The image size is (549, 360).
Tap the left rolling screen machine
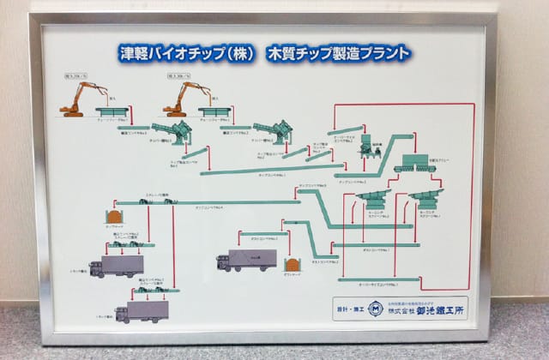372,203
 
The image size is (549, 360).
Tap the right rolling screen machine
426,201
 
